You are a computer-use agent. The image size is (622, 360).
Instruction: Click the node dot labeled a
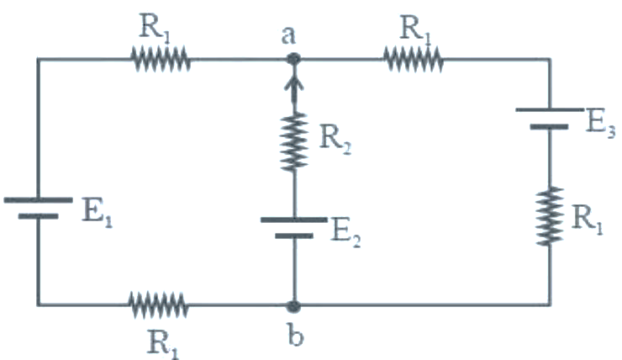(293, 60)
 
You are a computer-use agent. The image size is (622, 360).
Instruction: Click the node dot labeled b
(293, 306)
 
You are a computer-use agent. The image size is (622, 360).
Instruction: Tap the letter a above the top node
(288, 35)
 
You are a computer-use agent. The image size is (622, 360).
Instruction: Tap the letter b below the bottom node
(295, 336)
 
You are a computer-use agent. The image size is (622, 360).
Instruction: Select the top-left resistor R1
(161, 60)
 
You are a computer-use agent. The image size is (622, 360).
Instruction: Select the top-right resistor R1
(413, 60)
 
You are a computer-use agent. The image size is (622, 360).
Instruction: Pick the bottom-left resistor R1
(158, 305)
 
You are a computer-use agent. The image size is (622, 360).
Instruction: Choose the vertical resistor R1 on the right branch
(550, 216)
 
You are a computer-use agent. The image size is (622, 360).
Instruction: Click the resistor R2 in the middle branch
(294, 142)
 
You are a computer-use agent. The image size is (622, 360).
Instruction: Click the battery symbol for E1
(38, 208)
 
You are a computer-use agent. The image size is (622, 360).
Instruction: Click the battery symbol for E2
(294, 227)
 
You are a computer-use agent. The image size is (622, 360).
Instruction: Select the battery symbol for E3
(550, 119)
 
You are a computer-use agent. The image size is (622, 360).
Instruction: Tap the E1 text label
(98, 212)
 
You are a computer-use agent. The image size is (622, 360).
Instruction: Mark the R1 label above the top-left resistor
(155, 27)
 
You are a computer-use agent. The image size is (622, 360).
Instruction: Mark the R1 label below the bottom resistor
(162, 344)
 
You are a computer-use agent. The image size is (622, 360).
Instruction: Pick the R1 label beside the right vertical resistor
(587, 219)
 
